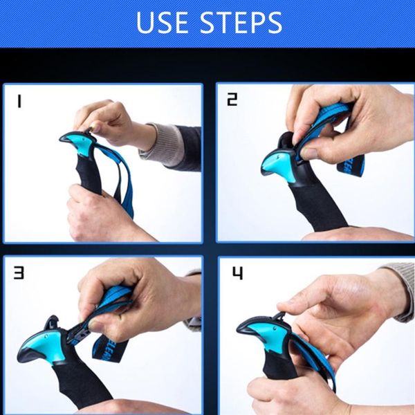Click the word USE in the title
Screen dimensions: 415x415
click(163, 23)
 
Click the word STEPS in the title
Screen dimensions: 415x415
click(241, 23)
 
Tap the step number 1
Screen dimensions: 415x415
click(19, 102)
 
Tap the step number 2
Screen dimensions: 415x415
click(232, 100)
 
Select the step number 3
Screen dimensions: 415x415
click(19, 273)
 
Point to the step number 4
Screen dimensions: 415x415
click(237, 273)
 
